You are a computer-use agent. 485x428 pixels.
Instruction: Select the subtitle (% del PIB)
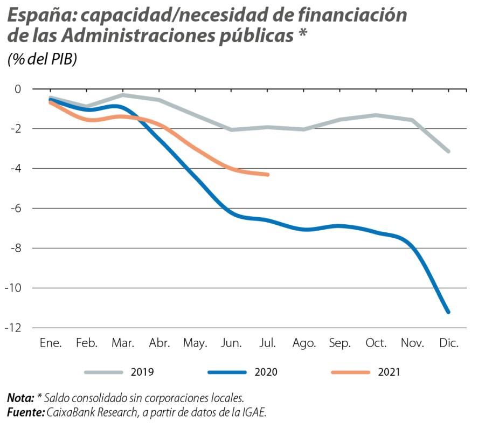[42, 59]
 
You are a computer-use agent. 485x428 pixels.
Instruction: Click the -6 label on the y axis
[16, 209]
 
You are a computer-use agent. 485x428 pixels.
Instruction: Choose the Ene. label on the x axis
[51, 343]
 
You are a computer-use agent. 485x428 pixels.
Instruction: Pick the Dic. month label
[448, 343]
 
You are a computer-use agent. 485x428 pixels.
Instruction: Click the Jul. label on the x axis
[268, 343]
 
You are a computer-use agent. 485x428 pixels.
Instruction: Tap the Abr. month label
[160, 343]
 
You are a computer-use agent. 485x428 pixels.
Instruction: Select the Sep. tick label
[340, 343]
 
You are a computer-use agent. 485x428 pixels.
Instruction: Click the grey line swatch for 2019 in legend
[103, 372]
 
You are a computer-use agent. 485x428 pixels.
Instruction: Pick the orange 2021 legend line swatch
[350, 372]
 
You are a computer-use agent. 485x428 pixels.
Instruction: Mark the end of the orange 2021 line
[268, 174]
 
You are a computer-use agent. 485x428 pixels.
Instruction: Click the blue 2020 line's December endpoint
[448, 312]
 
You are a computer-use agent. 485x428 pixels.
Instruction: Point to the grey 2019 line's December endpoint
[448, 151]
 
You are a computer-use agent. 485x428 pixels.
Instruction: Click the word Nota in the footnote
[20, 399]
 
